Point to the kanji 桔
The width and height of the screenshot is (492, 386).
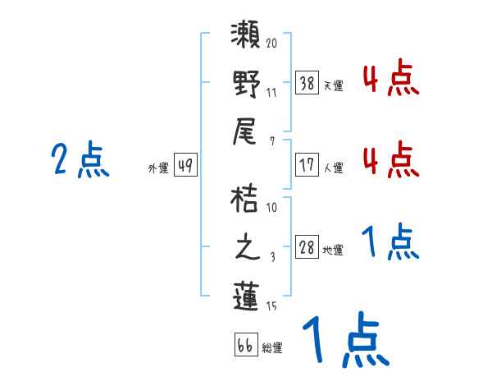tap(246, 200)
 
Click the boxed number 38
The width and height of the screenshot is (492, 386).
tap(307, 84)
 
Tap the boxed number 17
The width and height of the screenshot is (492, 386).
tap(307, 165)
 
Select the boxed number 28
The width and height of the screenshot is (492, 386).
tap(307, 248)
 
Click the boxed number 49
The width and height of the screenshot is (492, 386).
tap(184, 166)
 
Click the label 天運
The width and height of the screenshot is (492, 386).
tap(333, 85)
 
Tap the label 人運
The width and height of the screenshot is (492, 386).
tap(333, 168)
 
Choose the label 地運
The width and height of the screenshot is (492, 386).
tap(333, 250)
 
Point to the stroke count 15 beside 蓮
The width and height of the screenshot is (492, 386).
tap(272, 306)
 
